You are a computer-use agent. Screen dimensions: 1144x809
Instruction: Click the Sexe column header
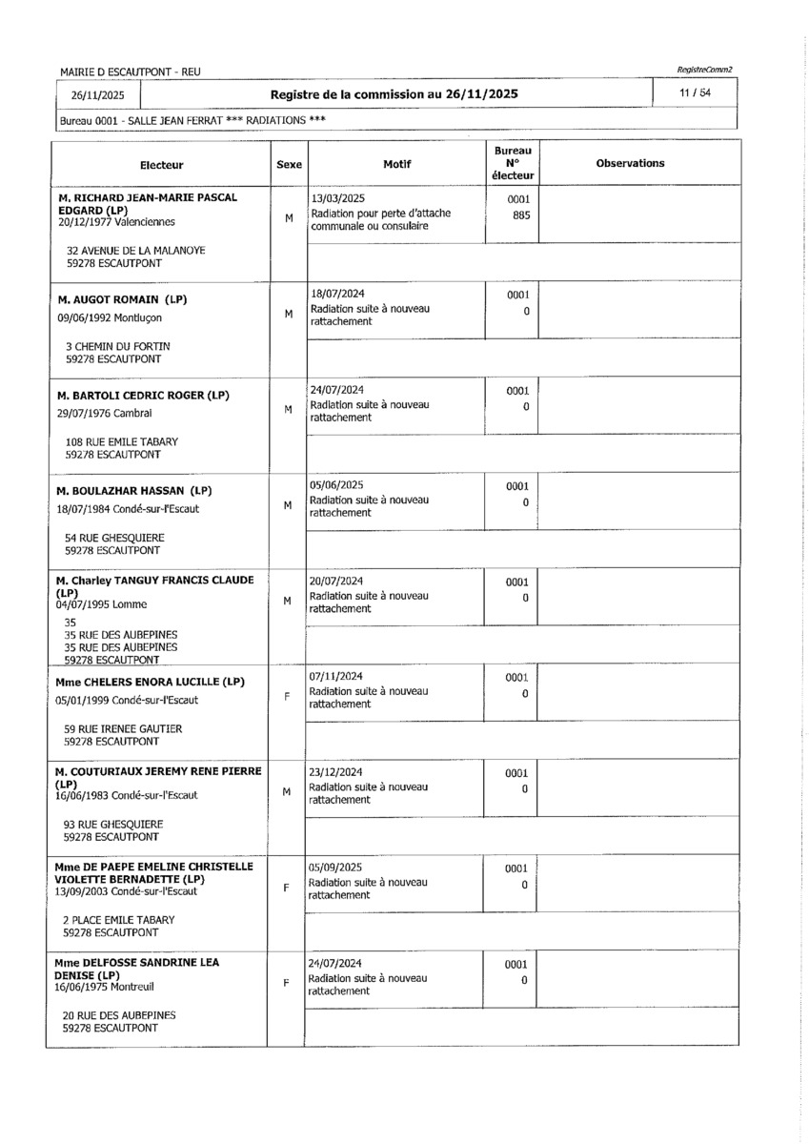coord(289,164)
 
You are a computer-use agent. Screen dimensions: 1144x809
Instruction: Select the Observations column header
coord(630,163)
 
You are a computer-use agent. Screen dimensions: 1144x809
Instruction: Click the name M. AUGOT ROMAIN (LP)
coord(122,299)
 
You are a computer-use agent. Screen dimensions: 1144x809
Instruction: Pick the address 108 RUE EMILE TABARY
coord(121,442)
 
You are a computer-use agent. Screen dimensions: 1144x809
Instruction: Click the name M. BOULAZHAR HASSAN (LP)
coord(133,491)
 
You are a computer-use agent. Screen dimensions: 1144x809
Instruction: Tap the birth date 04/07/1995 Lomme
coord(102,603)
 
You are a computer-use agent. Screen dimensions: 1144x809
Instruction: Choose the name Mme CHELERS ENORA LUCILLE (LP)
coord(151,682)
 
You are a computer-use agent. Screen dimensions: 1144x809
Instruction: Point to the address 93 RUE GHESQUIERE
coord(112,824)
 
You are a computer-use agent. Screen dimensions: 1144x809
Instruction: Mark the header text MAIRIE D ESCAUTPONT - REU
coord(130,72)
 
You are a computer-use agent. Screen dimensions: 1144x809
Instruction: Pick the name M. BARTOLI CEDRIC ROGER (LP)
coord(143,395)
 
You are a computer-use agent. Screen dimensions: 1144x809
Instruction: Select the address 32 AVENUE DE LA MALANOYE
coord(134,251)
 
